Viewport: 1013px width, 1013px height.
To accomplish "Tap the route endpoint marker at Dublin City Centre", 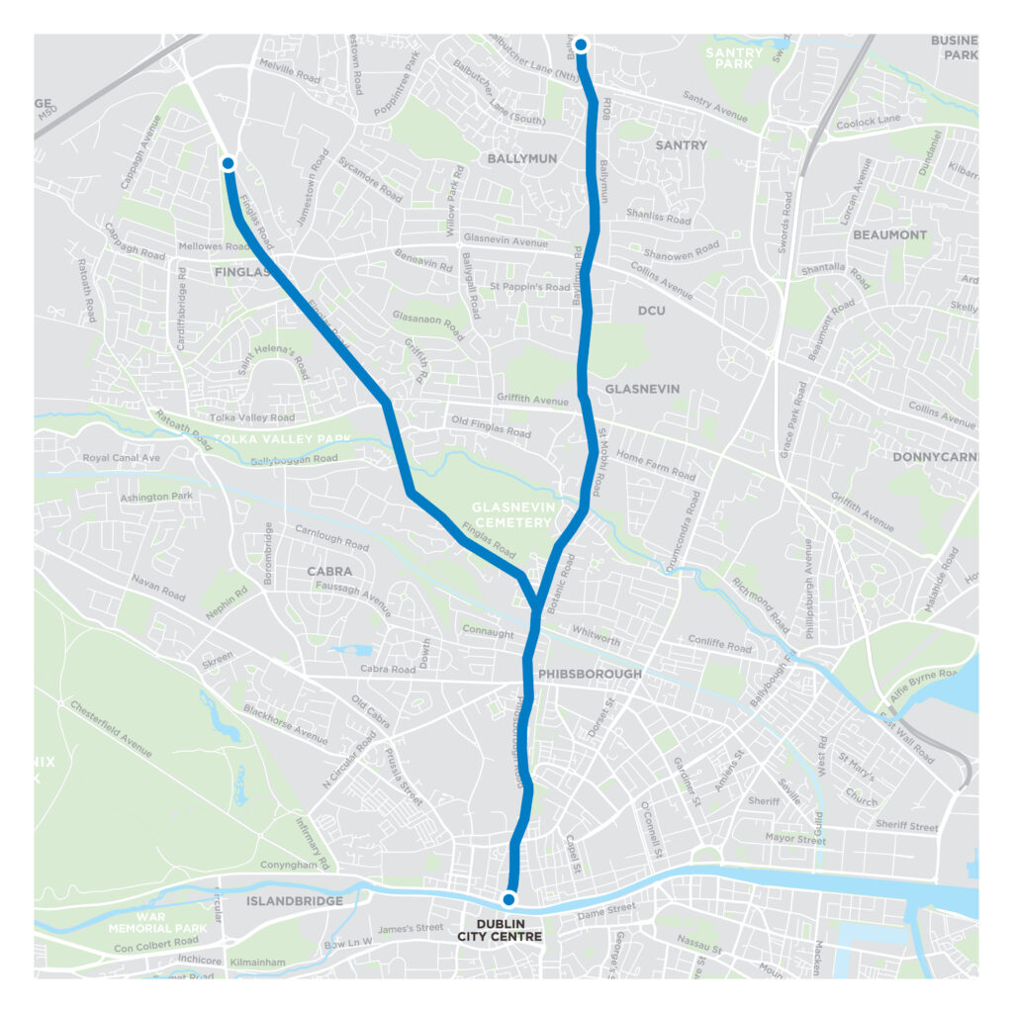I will [x=508, y=899].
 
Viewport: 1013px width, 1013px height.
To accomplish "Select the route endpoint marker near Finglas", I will [x=228, y=163].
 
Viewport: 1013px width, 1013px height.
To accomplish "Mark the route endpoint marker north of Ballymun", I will [x=581, y=44].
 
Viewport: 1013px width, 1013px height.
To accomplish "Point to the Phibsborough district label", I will [x=590, y=674].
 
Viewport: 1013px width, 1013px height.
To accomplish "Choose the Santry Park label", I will [x=736, y=57].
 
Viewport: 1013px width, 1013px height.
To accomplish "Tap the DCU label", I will [x=651, y=311].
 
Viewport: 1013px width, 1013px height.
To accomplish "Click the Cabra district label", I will [x=329, y=572].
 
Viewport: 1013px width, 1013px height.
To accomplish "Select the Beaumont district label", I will [x=889, y=235].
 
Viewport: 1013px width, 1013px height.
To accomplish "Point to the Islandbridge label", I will [x=295, y=901].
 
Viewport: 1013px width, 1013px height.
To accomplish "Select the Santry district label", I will [x=682, y=145].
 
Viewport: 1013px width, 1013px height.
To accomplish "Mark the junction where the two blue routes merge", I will [x=535, y=609].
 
